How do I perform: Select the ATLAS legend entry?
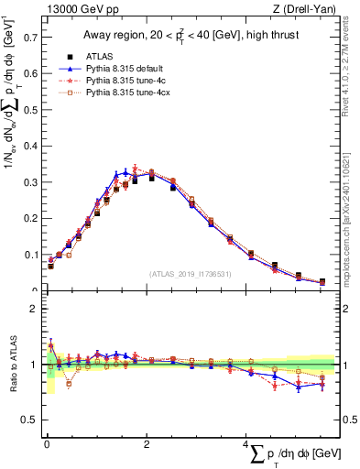(x=100, y=56)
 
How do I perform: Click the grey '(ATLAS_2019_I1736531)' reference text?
(x=191, y=274)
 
